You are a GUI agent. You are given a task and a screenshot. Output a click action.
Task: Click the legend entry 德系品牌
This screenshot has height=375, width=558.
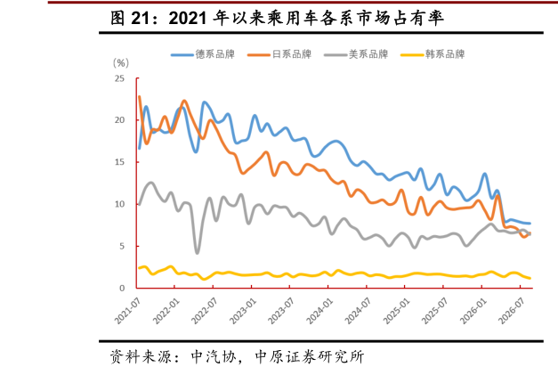(203, 54)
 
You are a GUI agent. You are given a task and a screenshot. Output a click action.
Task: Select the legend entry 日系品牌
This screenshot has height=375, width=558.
(279, 54)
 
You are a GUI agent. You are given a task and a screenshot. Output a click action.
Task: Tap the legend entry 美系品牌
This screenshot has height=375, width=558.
(356, 54)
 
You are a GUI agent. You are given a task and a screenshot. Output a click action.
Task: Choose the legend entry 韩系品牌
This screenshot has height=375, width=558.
(433, 54)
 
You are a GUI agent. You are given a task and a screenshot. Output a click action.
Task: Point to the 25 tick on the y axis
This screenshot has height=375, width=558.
(119, 78)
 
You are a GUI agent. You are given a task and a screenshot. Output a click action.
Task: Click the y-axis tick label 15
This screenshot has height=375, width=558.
(119, 162)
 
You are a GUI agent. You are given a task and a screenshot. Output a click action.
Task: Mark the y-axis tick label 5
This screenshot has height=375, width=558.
(122, 246)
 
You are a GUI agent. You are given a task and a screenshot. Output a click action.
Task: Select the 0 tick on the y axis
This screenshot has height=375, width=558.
(122, 288)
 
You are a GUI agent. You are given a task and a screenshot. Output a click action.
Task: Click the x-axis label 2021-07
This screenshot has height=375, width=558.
(127, 311)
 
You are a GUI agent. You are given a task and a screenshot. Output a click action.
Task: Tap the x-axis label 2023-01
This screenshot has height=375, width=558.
(242, 311)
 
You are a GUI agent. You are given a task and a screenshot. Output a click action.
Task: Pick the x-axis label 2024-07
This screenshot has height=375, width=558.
(358, 311)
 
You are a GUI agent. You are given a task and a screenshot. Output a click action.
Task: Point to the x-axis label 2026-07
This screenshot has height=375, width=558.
(512, 311)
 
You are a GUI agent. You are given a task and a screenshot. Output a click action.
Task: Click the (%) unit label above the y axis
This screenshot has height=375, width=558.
(121, 63)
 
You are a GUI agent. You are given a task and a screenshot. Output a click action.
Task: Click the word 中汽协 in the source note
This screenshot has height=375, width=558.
(214, 357)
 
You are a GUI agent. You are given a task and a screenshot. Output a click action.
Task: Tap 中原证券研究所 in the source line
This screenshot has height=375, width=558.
(310, 357)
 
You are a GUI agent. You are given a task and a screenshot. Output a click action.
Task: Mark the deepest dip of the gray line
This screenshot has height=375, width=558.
(198, 252)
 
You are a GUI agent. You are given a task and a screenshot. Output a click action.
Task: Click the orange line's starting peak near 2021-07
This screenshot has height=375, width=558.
(139, 96)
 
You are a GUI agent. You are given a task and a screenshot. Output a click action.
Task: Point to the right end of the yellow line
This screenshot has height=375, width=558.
(530, 278)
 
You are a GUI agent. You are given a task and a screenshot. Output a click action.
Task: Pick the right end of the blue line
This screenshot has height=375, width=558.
(530, 224)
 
